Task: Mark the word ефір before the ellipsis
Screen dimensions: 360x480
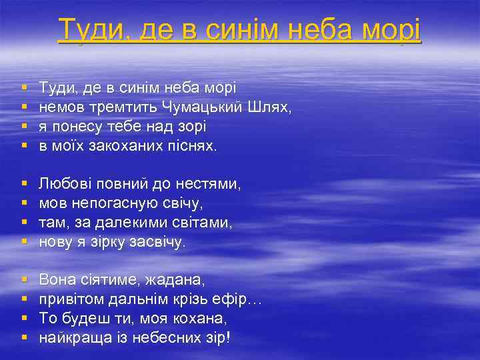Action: (231, 299)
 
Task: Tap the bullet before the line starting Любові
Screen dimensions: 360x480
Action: (25, 183)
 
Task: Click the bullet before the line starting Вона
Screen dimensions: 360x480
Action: (25, 280)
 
